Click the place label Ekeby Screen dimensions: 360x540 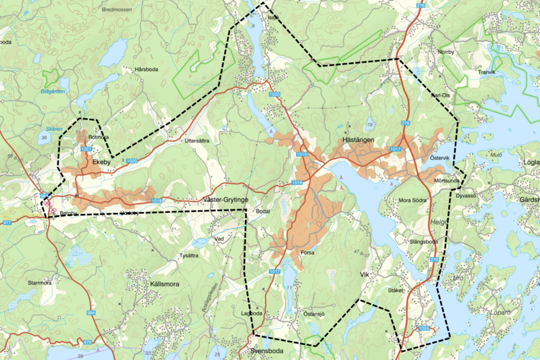pos(101,162)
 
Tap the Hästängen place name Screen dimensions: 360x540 pos(354,138)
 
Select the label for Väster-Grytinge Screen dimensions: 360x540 pos(226,201)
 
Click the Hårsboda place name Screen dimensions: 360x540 pos(150,70)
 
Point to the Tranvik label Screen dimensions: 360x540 pos(487,72)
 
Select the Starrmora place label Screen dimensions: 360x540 pos(39,283)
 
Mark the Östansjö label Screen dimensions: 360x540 pos(315,314)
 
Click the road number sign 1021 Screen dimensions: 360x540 pos(86,149)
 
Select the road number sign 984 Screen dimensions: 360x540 pos(91,313)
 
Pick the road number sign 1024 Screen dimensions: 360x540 pos(423,329)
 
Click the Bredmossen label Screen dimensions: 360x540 pos(117,10)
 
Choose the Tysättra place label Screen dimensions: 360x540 pos(188,255)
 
